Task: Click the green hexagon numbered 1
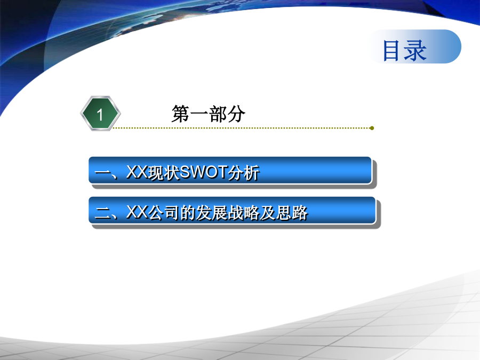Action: tap(100, 114)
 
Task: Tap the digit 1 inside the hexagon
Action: tap(100, 115)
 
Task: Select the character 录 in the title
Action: tap(415, 51)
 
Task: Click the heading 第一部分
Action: tap(209, 114)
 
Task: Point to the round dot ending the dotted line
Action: tap(372, 128)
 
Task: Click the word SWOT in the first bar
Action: tap(203, 172)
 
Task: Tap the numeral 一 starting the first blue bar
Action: tap(102, 173)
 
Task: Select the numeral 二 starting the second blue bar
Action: tap(102, 213)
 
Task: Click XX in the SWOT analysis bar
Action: tap(137, 172)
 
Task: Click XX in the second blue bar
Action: tap(137, 212)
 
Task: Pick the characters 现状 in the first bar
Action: tap(164, 172)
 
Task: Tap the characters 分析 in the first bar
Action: tap(243, 172)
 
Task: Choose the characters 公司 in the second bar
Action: tap(164, 212)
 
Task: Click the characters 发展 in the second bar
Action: tap(212, 212)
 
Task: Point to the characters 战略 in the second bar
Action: tap(244, 212)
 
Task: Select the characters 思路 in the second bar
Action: tap(292, 212)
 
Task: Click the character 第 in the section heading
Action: tap(181, 114)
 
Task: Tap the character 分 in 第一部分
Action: tap(236, 114)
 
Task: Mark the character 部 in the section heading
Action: tap(218, 114)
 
